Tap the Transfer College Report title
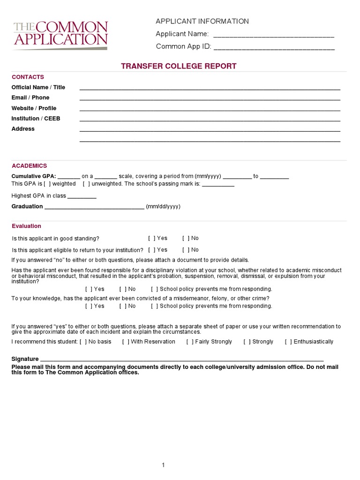(x=179, y=66)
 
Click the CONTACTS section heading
(x=28, y=77)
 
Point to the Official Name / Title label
(x=38, y=87)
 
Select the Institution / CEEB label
(x=36, y=119)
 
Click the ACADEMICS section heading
(x=29, y=165)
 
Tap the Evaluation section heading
(x=26, y=226)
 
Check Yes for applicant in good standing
(x=151, y=238)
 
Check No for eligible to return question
(x=186, y=250)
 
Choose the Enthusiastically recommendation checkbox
(x=288, y=342)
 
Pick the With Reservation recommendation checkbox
(x=126, y=342)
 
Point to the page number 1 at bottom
(x=163, y=465)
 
